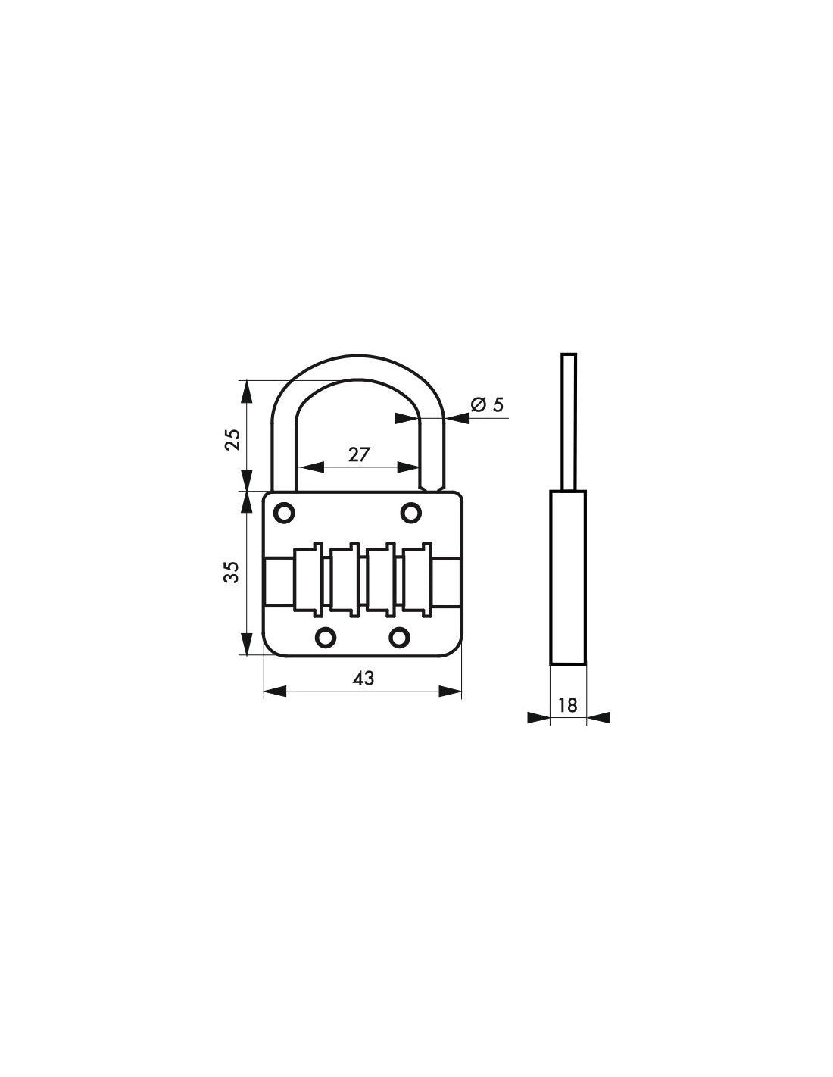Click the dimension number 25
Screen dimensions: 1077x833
point(233,439)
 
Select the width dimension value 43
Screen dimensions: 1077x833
point(363,679)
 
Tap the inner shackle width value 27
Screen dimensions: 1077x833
point(358,454)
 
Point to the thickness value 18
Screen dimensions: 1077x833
point(567,705)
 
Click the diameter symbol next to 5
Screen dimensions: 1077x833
point(478,404)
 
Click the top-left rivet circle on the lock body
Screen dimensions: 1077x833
point(284,513)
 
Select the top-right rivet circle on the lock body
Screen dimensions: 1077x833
point(410,513)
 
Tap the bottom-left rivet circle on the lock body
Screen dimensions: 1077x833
point(326,638)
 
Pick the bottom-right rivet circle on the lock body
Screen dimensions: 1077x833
point(399,638)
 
